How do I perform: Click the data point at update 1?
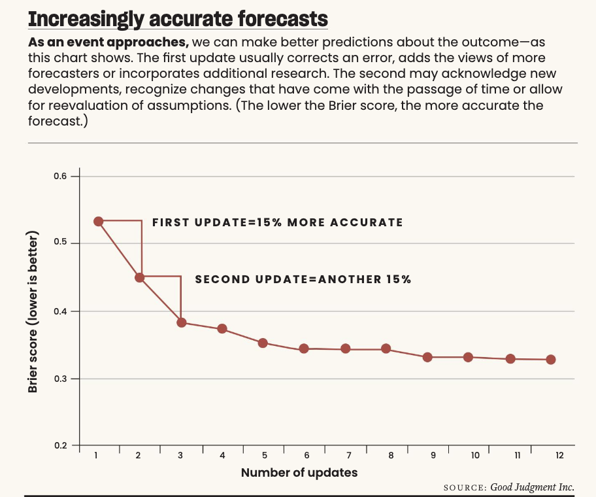click(x=98, y=221)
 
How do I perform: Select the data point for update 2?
click(x=139, y=277)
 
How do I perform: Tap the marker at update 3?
click(x=182, y=322)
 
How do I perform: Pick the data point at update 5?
click(x=263, y=343)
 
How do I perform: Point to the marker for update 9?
click(x=427, y=357)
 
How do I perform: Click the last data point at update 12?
click(x=551, y=360)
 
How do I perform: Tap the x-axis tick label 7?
click(x=348, y=456)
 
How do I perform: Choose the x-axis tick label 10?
click(x=474, y=456)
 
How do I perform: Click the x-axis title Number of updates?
click(x=299, y=472)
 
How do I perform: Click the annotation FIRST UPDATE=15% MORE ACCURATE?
click(x=278, y=222)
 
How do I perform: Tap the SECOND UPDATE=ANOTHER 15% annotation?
click(x=303, y=279)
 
